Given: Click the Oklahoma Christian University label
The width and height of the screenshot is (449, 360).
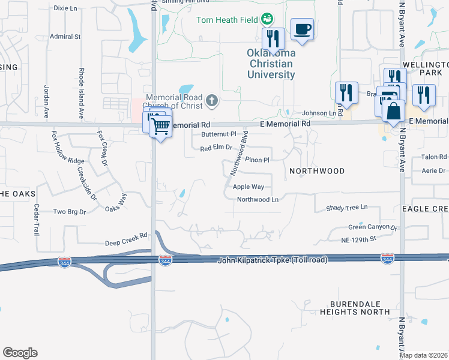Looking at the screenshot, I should tap(271, 64).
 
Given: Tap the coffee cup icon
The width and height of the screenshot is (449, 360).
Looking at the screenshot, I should tap(302, 29).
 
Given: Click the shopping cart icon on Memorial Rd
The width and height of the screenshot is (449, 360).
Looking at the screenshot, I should tap(160, 126).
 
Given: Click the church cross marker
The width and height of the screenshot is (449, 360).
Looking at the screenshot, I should tap(211, 100).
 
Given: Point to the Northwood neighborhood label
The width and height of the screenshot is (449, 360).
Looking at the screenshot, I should tap(317, 171).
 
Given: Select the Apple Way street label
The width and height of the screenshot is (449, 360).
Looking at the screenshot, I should tap(248, 187).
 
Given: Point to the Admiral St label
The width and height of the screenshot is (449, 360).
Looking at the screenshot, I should tap(65, 37).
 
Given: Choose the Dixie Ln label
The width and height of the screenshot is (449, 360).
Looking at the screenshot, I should tap(66, 8).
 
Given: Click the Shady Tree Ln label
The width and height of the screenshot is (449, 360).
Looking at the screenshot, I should tap(346, 207).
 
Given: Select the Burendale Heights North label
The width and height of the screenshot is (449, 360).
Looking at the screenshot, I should tap(355, 308).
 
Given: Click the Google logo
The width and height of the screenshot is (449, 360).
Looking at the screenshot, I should tap(20, 353).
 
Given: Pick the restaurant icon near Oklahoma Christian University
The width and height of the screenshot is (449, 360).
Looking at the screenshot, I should tap(273, 38).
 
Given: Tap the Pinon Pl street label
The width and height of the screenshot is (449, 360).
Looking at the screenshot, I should tap(257, 160).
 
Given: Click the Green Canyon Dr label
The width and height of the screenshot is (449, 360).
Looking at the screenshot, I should tap(373, 227).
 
